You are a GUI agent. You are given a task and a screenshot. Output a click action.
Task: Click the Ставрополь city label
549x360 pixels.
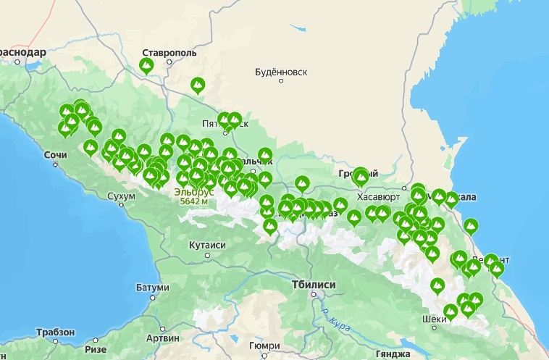169,54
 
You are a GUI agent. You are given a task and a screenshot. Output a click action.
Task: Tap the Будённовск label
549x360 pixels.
282,72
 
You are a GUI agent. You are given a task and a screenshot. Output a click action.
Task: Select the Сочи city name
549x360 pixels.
55,155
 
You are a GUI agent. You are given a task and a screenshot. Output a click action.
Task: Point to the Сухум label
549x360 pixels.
121,196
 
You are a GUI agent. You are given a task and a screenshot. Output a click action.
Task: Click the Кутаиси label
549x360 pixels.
207,246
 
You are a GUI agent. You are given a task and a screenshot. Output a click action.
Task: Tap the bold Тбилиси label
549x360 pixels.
314,285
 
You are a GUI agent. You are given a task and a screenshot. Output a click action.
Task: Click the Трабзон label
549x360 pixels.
54,332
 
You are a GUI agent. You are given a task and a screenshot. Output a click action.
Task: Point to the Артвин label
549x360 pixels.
162,338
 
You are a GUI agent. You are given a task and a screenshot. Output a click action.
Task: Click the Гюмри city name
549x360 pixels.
264,346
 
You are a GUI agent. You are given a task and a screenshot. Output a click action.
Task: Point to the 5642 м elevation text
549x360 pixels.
193,201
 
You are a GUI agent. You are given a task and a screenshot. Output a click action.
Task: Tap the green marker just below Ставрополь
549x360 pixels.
146,67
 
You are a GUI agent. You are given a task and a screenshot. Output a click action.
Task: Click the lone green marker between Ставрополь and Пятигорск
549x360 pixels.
197,85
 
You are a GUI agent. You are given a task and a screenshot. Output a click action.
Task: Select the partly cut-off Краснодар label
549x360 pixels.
22,53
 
